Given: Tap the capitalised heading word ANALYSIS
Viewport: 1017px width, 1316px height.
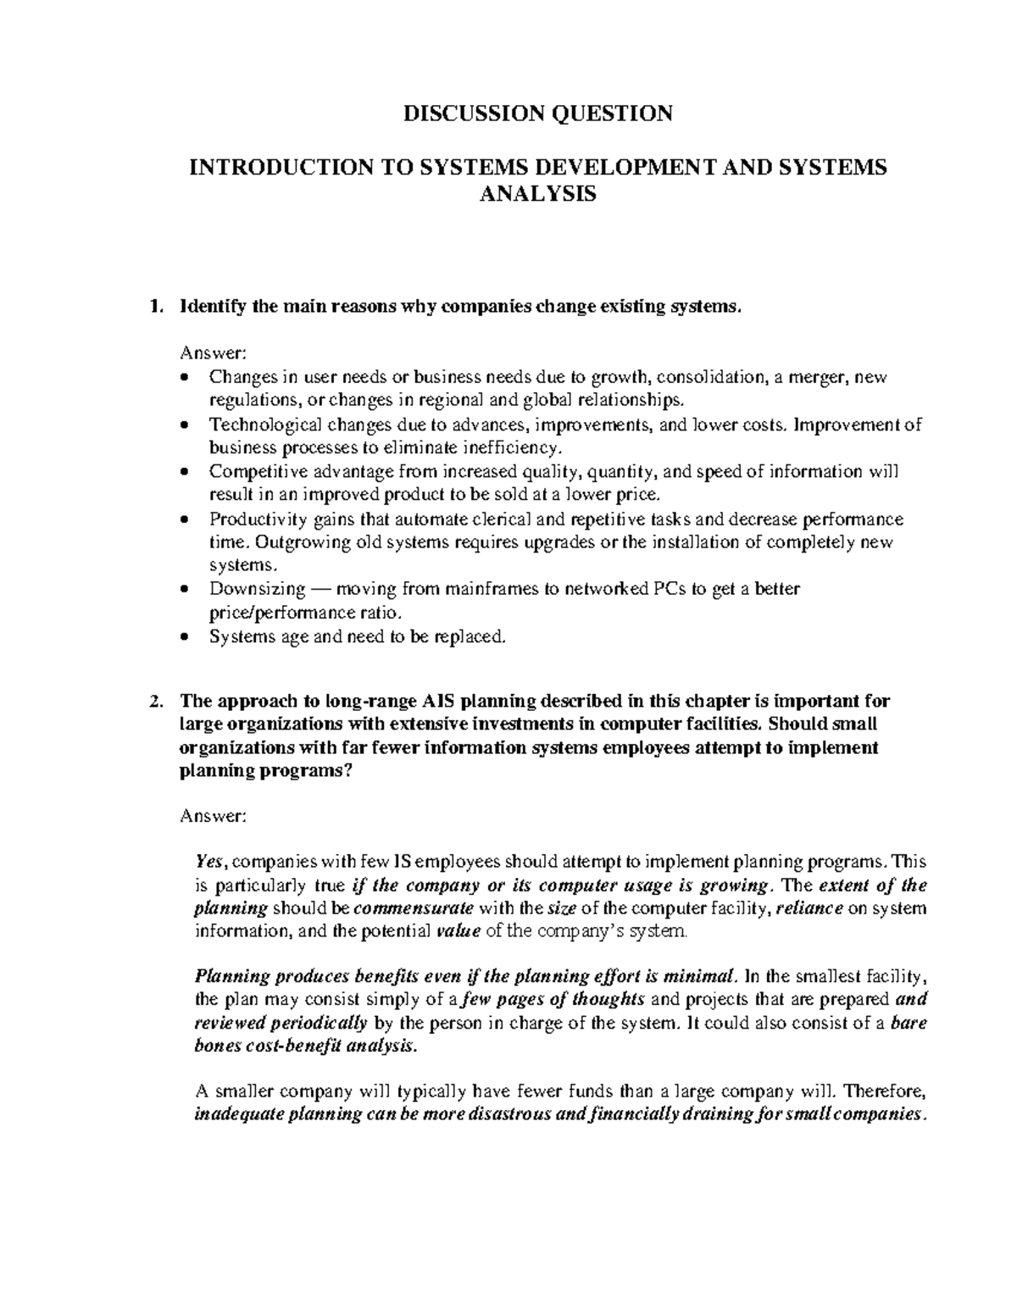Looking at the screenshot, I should (x=538, y=194).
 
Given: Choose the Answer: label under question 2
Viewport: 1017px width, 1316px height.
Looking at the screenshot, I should (x=213, y=816).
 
